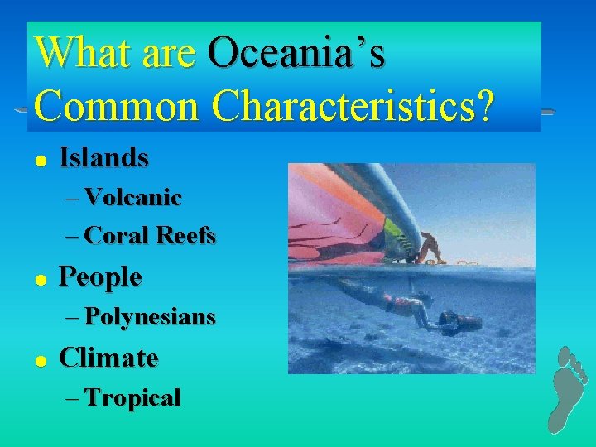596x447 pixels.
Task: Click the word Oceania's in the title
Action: pos(296,54)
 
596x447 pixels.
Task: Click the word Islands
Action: pos(104,157)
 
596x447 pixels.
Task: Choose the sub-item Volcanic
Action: pos(132,197)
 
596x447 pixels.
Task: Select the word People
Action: pos(101,276)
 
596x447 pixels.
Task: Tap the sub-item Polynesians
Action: pos(150,316)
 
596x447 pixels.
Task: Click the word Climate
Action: pos(108,358)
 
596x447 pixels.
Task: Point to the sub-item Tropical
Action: pos(132,398)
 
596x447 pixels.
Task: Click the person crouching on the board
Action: pos(430,247)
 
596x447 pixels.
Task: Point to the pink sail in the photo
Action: pos(331,215)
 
